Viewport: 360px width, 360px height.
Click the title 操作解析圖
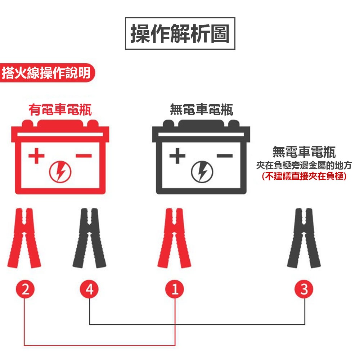point(180,33)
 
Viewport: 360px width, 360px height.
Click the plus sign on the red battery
point(37,156)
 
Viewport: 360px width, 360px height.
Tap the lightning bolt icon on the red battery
point(60,172)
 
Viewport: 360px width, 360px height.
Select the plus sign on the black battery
point(177,156)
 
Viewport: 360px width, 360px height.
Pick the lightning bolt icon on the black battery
point(202,172)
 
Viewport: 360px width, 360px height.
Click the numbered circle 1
point(175,289)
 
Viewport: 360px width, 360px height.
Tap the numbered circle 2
point(24,289)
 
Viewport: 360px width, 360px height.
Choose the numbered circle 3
point(304,289)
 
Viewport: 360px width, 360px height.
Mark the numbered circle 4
point(90,289)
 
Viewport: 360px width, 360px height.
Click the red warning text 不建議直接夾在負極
point(304,176)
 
